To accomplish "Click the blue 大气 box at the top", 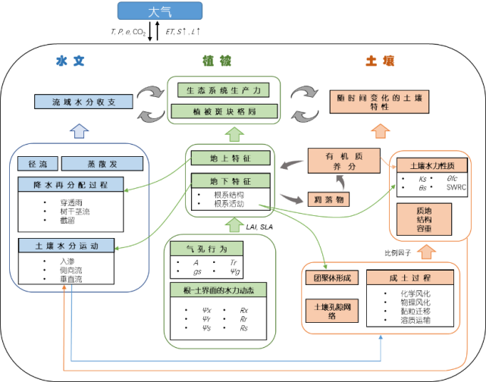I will tap(160, 11).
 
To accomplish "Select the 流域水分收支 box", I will tap(83, 102).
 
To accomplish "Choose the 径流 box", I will tap(38, 164).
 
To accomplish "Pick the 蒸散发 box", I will tap(102, 164).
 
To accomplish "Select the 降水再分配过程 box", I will tap(71, 184).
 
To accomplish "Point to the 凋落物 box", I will tap(328, 199).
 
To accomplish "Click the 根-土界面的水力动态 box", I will tap(219, 290).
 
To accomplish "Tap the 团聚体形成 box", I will tap(331, 277).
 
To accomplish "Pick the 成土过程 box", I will tap(410, 277).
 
